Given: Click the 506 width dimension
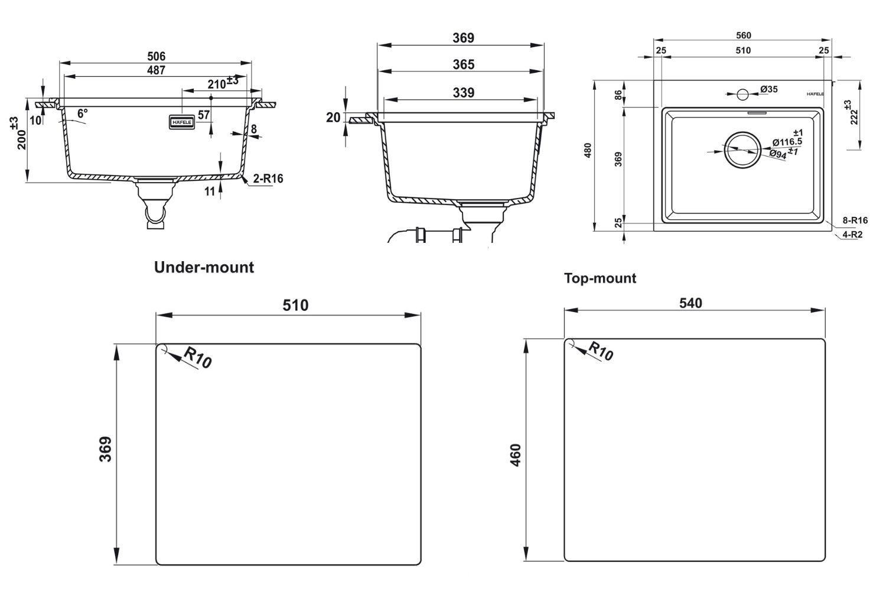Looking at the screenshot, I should [x=156, y=57].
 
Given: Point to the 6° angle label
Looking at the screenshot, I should [x=82, y=112].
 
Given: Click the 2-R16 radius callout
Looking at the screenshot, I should [x=268, y=178].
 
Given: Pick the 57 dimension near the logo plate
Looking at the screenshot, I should [x=204, y=115].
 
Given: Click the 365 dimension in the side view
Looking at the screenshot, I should [x=463, y=64].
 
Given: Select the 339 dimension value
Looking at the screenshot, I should [x=463, y=93].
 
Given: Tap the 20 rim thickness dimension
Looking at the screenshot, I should [x=333, y=118].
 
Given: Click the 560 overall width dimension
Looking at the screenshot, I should [x=744, y=36].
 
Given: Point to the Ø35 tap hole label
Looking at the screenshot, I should [x=768, y=89].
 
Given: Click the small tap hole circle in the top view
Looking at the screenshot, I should [x=742, y=93].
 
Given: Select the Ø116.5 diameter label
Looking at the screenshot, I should [x=787, y=142].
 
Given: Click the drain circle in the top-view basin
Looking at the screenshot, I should [x=742, y=149].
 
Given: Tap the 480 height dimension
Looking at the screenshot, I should [x=588, y=152].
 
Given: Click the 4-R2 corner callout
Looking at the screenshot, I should [x=853, y=234].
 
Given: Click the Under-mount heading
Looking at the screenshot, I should [x=204, y=268].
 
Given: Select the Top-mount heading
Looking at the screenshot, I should [x=600, y=278].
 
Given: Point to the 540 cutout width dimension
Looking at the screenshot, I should [x=690, y=303].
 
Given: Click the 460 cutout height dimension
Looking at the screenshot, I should [x=516, y=455].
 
